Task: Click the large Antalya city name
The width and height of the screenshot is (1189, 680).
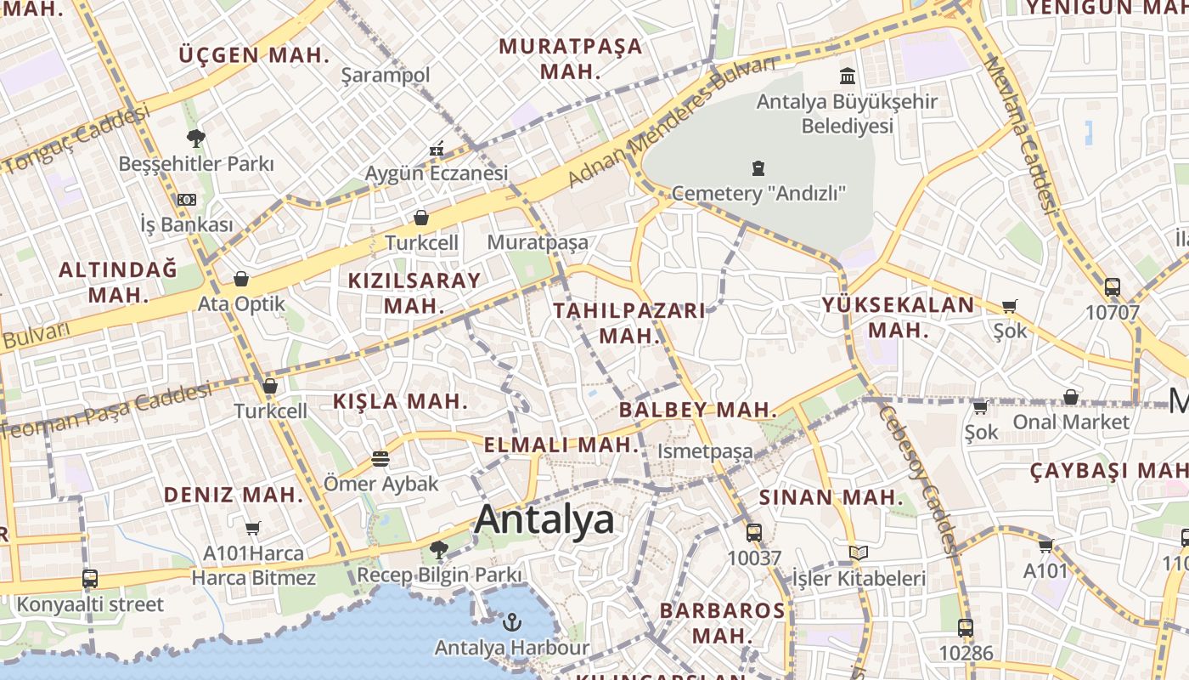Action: click(x=544, y=519)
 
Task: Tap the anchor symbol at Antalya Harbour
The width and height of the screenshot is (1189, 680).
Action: click(x=511, y=623)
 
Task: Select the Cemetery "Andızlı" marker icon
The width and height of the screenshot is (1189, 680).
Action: click(x=758, y=168)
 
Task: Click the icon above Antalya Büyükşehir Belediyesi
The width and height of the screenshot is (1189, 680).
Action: click(x=847, y=76)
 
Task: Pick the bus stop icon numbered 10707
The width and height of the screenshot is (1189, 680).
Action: click(x=1112, y=287)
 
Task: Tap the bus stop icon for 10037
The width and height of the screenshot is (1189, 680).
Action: click(x=753, y=533)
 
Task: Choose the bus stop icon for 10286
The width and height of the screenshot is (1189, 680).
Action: click(x=966, y=628)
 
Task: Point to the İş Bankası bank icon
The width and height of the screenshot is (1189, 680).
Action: click(x=187, y=200)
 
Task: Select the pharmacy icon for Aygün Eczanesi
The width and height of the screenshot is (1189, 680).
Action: click(x=437, y=150)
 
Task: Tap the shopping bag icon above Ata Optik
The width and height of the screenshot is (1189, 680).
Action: click(x=241, y=279)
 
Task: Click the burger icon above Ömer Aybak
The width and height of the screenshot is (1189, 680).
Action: click(x=380, y=459)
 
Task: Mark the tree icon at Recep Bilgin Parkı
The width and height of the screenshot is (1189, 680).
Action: click(x=438, y=550)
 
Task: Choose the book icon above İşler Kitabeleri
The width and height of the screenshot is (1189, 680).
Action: click(x=859, y=553)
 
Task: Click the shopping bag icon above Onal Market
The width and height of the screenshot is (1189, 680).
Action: click(x=1071, y=397)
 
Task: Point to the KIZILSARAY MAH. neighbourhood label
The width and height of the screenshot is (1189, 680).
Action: click(x=414, y=292)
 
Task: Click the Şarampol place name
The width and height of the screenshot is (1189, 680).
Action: click(x=386, y=76)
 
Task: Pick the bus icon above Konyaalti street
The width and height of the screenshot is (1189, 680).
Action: click(x=90, y=579)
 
